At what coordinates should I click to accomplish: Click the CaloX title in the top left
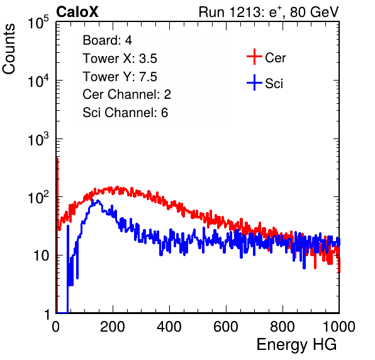77,12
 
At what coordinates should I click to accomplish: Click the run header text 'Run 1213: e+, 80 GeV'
269,12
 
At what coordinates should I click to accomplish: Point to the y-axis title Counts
9,49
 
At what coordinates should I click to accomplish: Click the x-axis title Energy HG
296,345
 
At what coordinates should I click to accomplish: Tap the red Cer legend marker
254,57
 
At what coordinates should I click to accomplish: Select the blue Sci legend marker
254,82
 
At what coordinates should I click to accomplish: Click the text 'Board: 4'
107,40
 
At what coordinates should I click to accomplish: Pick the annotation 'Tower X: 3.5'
120,59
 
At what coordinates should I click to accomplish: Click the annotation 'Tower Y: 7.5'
120,77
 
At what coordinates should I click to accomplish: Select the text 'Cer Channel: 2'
126,94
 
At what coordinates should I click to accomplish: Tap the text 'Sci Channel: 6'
125,113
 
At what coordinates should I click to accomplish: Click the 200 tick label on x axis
113,327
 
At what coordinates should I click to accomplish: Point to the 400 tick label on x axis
169,327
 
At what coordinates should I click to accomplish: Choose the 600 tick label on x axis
226,327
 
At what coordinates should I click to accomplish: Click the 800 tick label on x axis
283,327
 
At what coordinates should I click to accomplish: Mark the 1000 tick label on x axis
339,327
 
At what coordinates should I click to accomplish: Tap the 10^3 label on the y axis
38,139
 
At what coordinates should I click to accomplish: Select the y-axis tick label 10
41,256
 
